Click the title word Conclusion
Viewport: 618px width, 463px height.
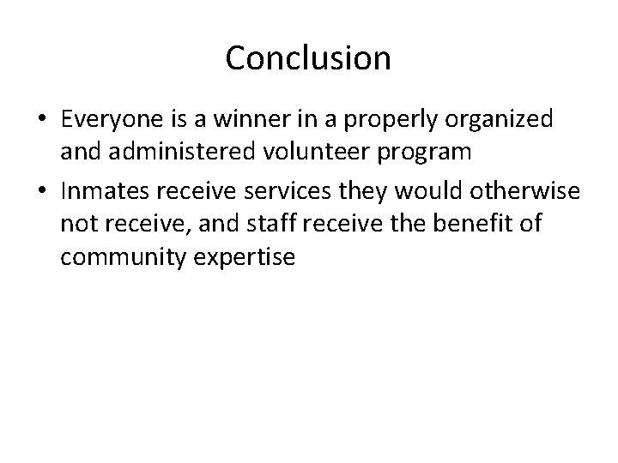308,58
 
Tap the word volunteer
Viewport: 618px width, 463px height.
318,153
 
